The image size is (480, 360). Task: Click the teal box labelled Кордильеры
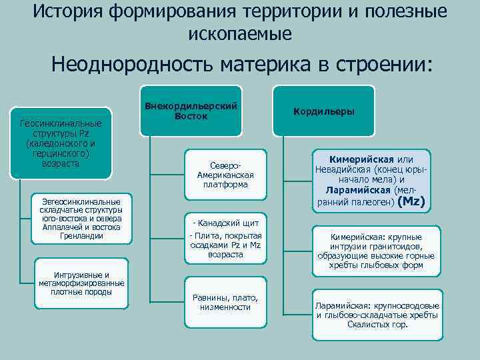pos(326,111)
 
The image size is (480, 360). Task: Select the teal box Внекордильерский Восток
pos(191,111)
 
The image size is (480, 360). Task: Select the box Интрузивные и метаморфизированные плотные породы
pos(79,283)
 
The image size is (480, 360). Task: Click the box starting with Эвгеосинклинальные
pos(81,219)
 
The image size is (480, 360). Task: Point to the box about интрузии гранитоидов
pos(377,250)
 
